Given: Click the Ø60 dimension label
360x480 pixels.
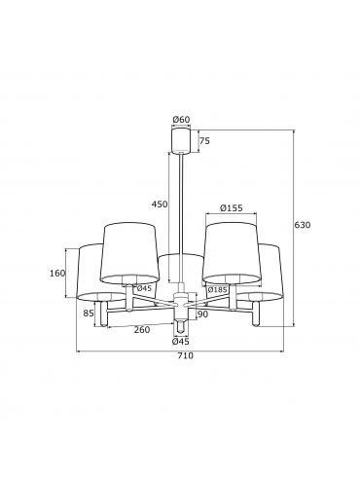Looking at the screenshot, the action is tap(181, 120).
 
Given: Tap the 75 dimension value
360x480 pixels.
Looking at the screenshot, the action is tap(204, 141).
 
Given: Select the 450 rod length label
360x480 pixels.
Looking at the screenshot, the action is tap(160, 204).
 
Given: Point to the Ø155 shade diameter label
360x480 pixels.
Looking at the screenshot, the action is tap(231, 207).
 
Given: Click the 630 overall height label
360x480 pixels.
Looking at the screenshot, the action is tap(303, 225).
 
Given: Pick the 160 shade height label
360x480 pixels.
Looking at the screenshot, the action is tap(57, 274).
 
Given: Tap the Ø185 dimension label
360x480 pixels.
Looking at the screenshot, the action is tap(217, 289).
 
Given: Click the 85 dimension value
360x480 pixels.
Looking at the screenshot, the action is tap(89, 314).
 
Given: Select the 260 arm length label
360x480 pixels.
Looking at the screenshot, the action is tap(142, 330).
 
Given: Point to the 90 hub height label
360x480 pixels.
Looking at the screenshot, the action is tap(202, 314).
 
